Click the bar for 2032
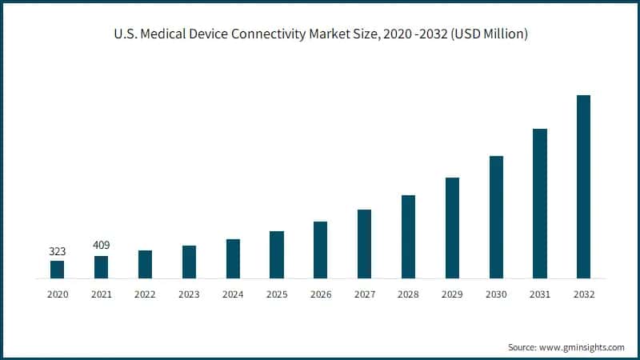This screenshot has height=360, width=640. coord(583,187)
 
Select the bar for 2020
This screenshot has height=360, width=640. coord(57,270)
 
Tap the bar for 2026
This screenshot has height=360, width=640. coord(320,250)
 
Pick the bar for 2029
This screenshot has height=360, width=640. coord(452,228)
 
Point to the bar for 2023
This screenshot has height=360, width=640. coord(189,262)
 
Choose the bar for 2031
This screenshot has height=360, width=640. coord(540,204)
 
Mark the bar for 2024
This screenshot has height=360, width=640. coord(233,259)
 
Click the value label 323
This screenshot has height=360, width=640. coord(57,251)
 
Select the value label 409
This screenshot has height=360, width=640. coord(101,246)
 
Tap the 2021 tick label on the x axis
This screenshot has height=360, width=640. coord(101,294)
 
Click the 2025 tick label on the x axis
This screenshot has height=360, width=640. coord(277,294)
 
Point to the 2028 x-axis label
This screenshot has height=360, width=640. coord(408,294)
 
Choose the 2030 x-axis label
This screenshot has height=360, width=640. coord(496,294)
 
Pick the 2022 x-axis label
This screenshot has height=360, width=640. coord(145,294)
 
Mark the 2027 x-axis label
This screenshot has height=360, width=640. coord(364,294)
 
